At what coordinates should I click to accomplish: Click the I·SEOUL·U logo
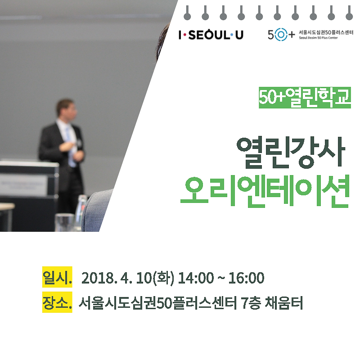[x=211, y=35]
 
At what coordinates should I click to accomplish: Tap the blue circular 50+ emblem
[x=281, y=35]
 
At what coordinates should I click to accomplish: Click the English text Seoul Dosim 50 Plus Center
[x=318, y=38]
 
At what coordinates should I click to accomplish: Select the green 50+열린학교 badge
[x=305, y=98]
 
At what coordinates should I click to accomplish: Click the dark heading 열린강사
[x=291, y=153]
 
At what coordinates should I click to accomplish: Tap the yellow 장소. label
[x=57, y=302]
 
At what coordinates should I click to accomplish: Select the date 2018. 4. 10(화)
[x=128, y=278]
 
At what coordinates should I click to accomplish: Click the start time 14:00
[x=196, y=278]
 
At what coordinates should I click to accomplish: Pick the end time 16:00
[x=246, y=278]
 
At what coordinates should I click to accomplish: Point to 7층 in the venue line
[x=251, y=303]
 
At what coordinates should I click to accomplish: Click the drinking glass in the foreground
[x=64, y=222]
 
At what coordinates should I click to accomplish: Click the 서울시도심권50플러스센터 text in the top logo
[x=326, y=32]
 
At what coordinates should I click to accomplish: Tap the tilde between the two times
[x=221, y=278]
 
